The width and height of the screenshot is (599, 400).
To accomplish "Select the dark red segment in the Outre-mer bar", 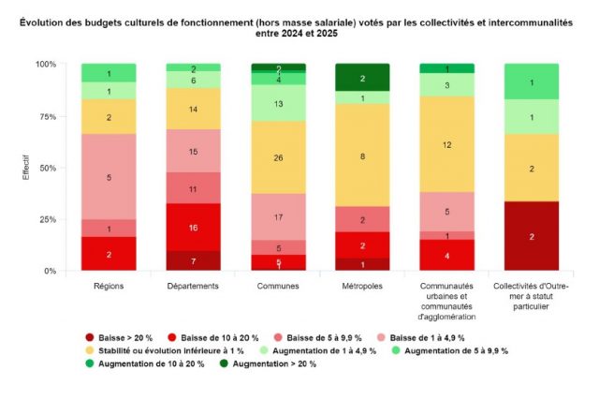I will pyautogui.click(x=531, y=236).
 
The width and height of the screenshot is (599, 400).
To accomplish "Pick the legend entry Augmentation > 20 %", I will pyautogui.click(x=267, y=363).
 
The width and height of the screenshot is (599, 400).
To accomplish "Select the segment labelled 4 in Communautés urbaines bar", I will pyautogui.click(x=446, y=255).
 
